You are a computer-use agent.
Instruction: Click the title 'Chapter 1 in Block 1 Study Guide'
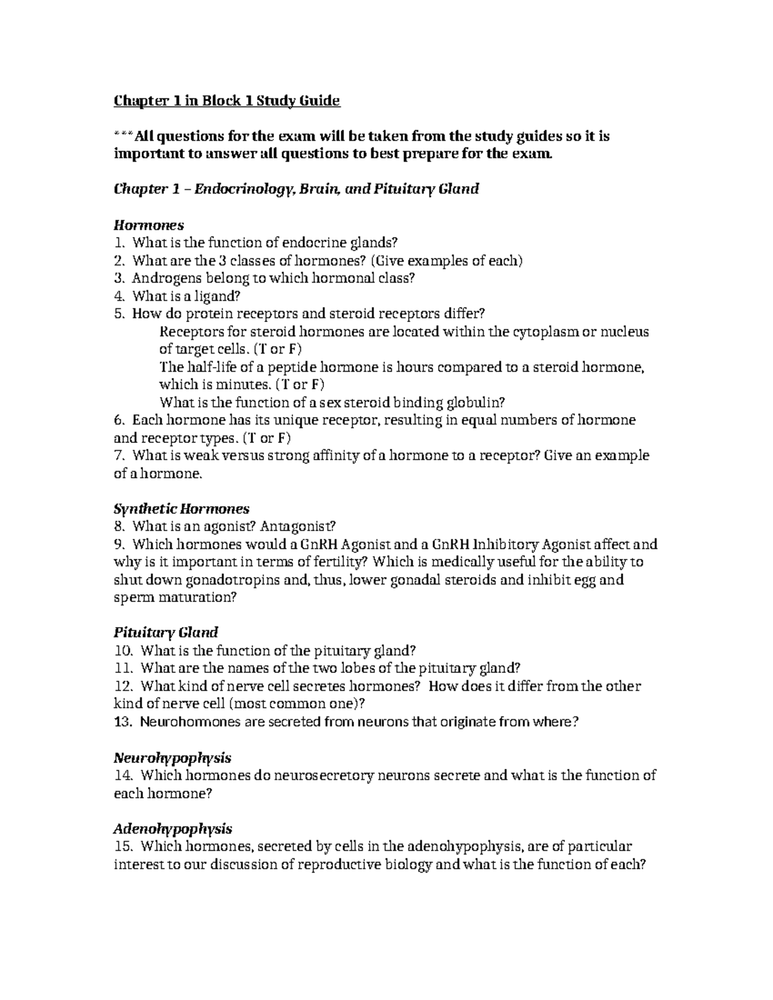[227, 101]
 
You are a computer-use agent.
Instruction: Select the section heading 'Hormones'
[149, 225]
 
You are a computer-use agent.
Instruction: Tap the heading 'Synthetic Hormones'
[181, 509]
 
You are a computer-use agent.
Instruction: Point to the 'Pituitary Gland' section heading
[166, 632]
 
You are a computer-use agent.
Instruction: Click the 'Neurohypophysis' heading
[172, 757]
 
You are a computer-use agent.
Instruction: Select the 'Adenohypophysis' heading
[173, 828]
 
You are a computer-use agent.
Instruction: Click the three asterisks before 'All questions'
[124, 137]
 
